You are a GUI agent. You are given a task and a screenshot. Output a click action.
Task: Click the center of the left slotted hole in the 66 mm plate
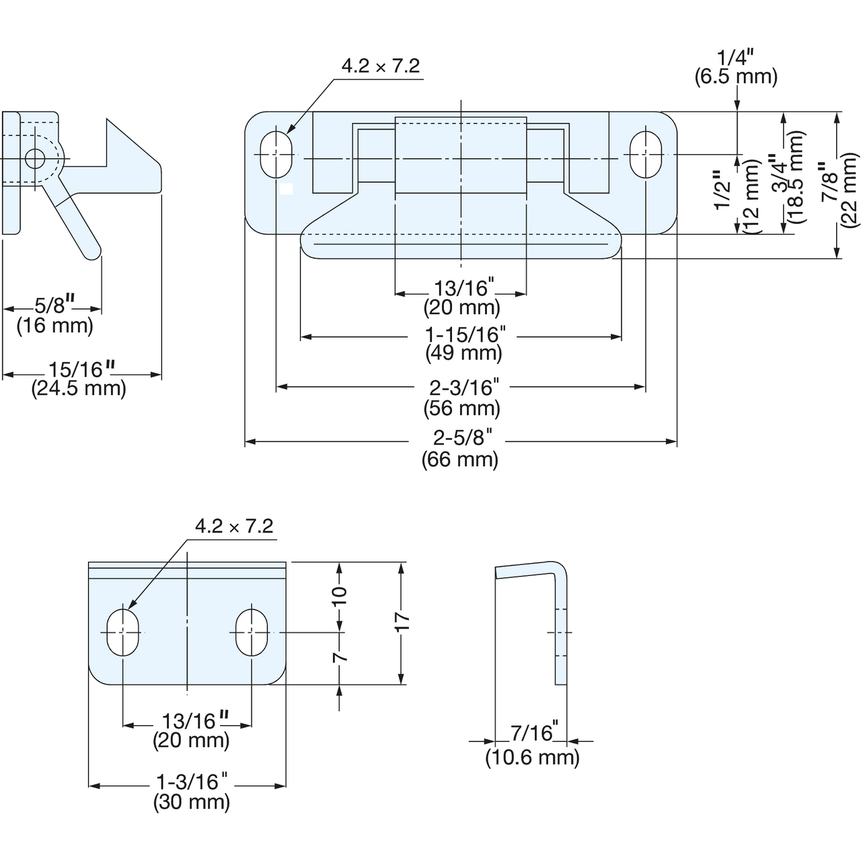(276, 154)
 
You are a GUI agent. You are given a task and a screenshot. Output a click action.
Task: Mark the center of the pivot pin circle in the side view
(34, 159)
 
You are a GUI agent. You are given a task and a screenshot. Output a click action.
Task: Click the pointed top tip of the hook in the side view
(107, 119)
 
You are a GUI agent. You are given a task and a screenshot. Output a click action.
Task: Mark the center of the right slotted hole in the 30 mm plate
(252, 632)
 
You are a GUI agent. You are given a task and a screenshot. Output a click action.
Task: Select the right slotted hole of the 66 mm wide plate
(645, 154)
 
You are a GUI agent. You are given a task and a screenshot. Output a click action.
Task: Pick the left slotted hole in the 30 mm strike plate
(123, 632)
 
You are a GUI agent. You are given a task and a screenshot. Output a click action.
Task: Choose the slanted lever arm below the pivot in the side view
(74, 214)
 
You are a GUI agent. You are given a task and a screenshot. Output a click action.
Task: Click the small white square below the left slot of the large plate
(286, 189)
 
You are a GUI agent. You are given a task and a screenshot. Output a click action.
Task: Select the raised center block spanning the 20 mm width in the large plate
(461, 155)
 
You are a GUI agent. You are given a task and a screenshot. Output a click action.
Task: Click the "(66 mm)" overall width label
(460, 460)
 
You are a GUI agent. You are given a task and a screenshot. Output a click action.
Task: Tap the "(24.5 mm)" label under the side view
(79, 388)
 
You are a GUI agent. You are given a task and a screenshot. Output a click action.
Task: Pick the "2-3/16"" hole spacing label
(463, 387)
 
